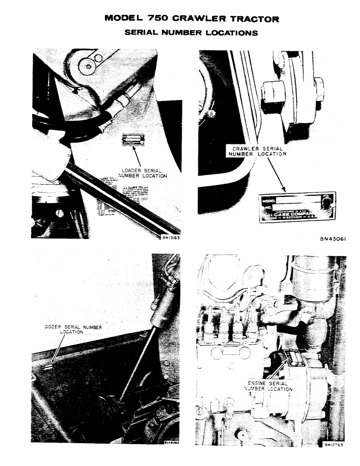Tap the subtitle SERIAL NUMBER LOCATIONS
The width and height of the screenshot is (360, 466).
[x=191, y=33]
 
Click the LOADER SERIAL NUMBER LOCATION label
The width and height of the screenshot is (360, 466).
[x=143, y=173]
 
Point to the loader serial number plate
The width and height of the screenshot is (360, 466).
[x=132, y=139]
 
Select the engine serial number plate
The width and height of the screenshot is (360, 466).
[x=295, y=358]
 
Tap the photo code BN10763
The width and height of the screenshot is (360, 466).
[x=335, y=445]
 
